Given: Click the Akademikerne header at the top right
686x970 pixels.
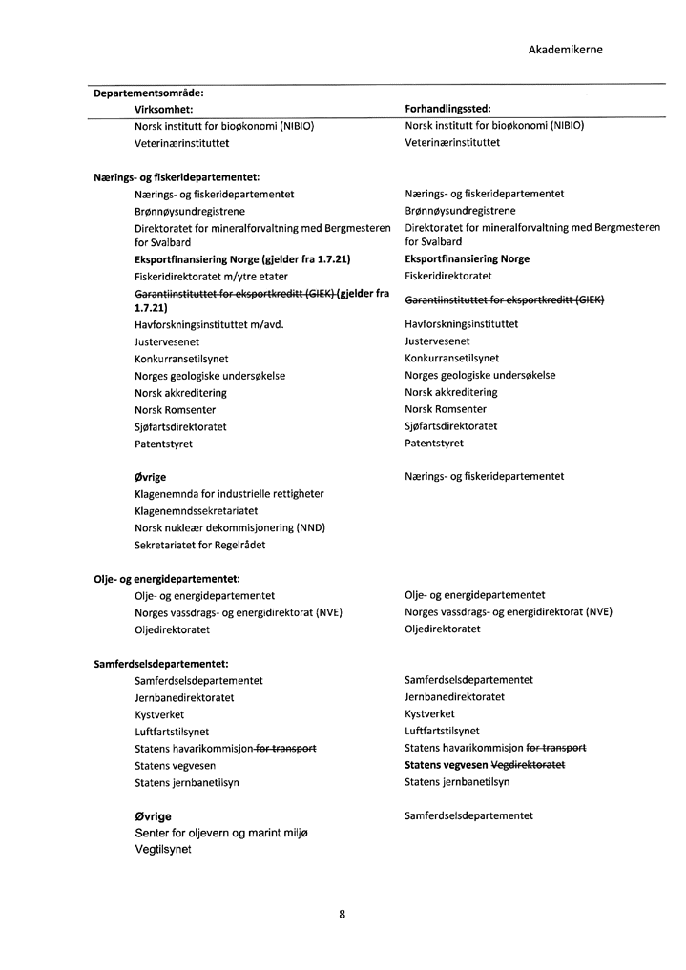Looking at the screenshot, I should [x=565, y=50].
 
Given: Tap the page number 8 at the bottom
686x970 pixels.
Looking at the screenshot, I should [x=343, y=914].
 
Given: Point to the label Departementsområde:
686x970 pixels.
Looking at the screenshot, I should [x=148, y=93].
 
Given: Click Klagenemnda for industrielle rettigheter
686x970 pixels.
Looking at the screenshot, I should [x=229, y=494].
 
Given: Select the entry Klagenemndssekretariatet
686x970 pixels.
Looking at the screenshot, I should [x=196, y=511].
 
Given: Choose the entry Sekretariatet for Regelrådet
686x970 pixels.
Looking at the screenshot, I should [x=199, y=546].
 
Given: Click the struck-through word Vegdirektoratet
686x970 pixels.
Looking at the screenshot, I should [x=528, y=765].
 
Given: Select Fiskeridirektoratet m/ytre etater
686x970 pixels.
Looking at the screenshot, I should [x=211, y=276].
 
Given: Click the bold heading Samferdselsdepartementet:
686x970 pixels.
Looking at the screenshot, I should [x=160, y=664].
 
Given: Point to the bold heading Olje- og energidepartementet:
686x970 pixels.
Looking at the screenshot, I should [x=166, y=578].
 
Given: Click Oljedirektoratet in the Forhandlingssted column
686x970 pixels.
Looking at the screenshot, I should [x=442, y=629].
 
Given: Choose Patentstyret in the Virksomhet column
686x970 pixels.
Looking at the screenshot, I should [x=165, y=444].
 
